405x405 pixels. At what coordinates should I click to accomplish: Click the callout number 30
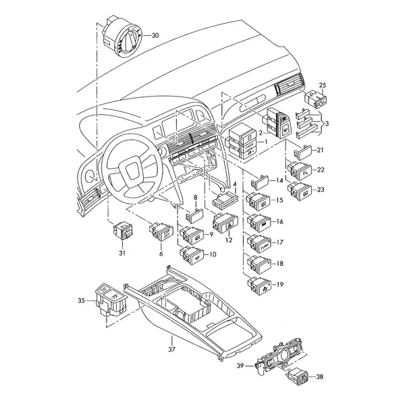[155, 35]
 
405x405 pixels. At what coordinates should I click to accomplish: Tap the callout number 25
[323, 85]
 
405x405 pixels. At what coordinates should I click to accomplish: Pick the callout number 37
[171, 349]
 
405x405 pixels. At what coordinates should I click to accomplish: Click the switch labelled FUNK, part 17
[259, 243]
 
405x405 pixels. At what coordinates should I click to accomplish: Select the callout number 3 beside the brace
[327, 124]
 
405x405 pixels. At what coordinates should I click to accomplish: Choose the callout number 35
[82, 300]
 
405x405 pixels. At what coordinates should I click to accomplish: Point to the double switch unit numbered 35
[111, 300]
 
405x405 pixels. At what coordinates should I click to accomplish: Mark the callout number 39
[240, 366]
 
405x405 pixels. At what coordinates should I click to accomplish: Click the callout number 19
[280, 285]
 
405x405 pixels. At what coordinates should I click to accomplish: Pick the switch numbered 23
[300, 192]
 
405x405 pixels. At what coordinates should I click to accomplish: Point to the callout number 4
[235, 184]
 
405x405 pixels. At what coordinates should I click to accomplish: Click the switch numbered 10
[192, 255]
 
